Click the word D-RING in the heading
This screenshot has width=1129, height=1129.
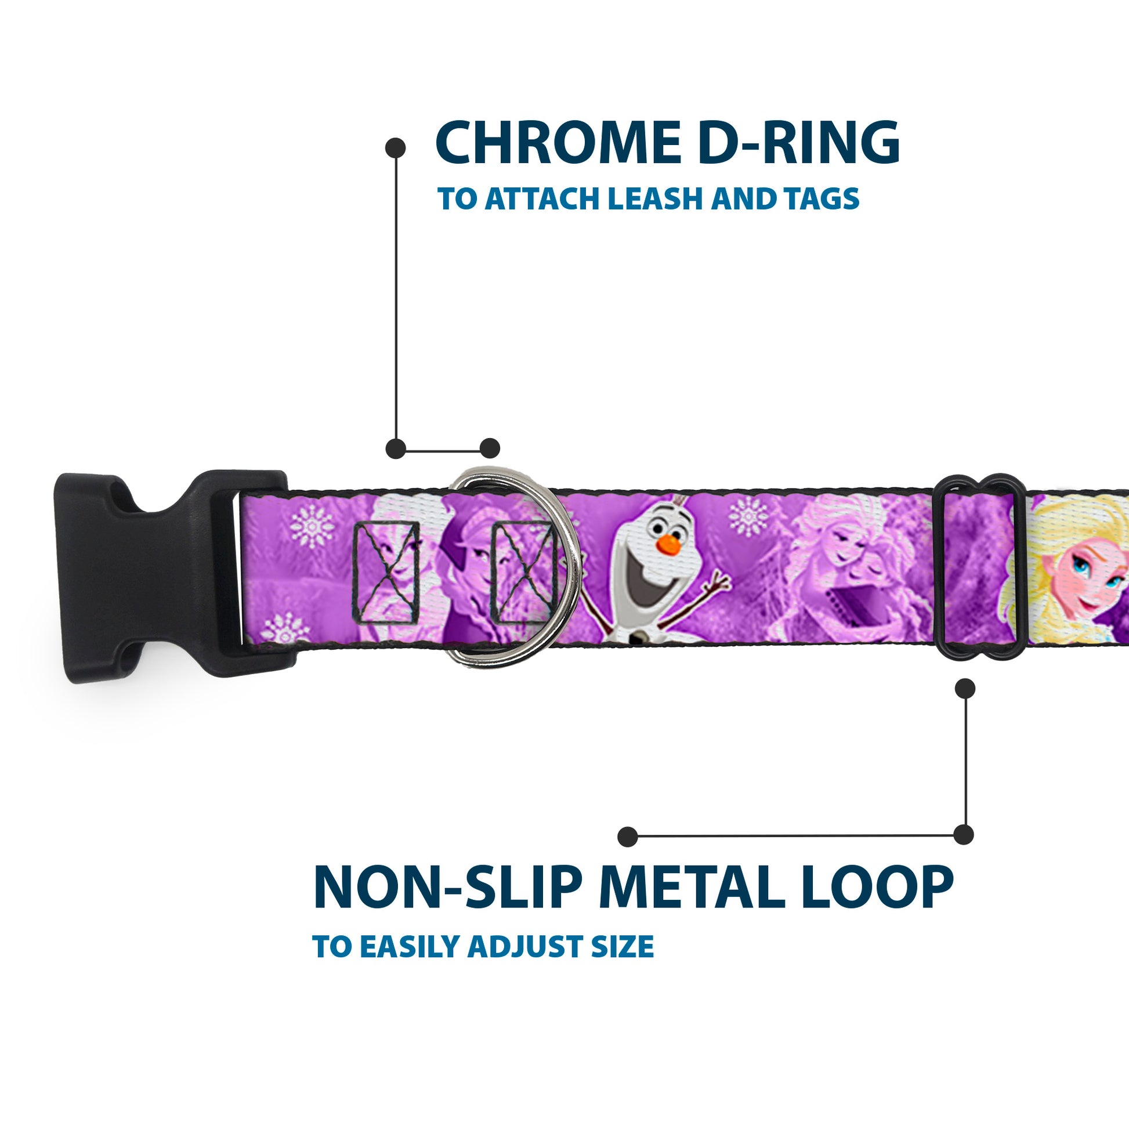point(798,143)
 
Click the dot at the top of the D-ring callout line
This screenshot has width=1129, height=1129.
point(396,148)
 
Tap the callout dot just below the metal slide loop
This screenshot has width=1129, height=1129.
point(965,689)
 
